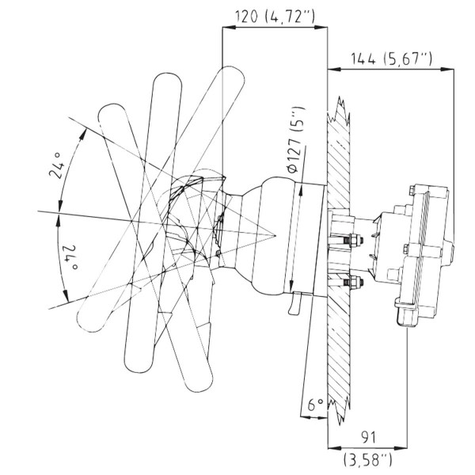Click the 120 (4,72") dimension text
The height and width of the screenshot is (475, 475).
[x=275, y=16]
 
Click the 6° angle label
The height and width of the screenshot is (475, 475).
[x=315, y=405]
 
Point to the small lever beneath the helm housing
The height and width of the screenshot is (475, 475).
[x=295, y=303]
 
